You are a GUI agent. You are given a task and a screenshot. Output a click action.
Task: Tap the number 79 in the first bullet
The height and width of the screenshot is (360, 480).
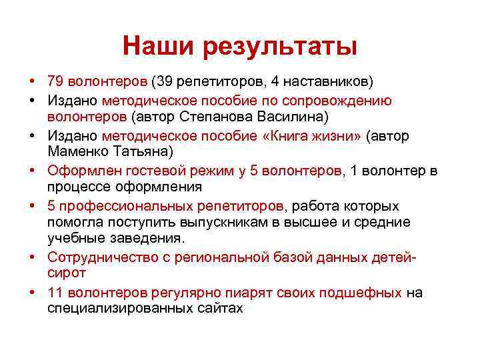coord(55,82)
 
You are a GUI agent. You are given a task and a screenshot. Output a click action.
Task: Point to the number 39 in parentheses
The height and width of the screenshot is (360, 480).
coord(163,82)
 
